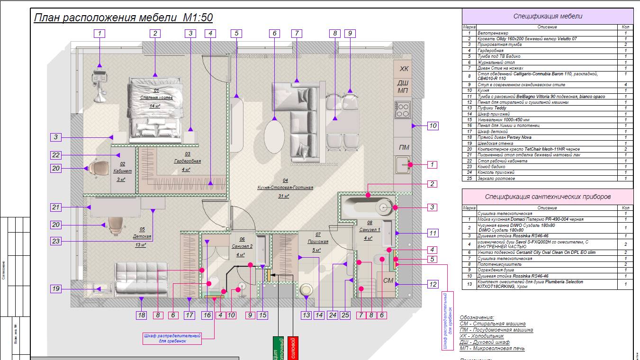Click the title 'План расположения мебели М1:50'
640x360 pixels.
click(x=123, y=18)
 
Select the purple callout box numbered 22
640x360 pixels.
click(x=56, y=155)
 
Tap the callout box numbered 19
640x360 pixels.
click(x=56, y=288)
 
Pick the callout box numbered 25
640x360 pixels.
click(x=345, y=315)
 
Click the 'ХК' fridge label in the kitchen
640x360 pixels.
click(x=404, y=69)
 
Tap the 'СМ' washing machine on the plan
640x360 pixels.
click(x=388, y=280)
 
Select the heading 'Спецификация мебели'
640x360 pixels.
click(x=547, y=16)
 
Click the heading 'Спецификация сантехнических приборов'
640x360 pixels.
click(x=547, y=196)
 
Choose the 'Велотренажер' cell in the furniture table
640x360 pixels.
click(x=493, y=33)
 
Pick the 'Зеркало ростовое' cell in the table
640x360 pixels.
click(x=496, y=179)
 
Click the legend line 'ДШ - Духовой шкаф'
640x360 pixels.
click(x=485, y=342)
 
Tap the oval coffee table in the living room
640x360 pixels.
click(x=274, y=135)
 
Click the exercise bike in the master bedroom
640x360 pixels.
click(x=99, y=83)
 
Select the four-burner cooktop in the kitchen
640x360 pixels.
click(x=402, y=110)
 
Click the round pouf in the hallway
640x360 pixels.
click(x=306, y=289)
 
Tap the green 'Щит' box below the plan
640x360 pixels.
click(x=277, y=348)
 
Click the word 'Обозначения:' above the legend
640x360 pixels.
click(x=477, y=317)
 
